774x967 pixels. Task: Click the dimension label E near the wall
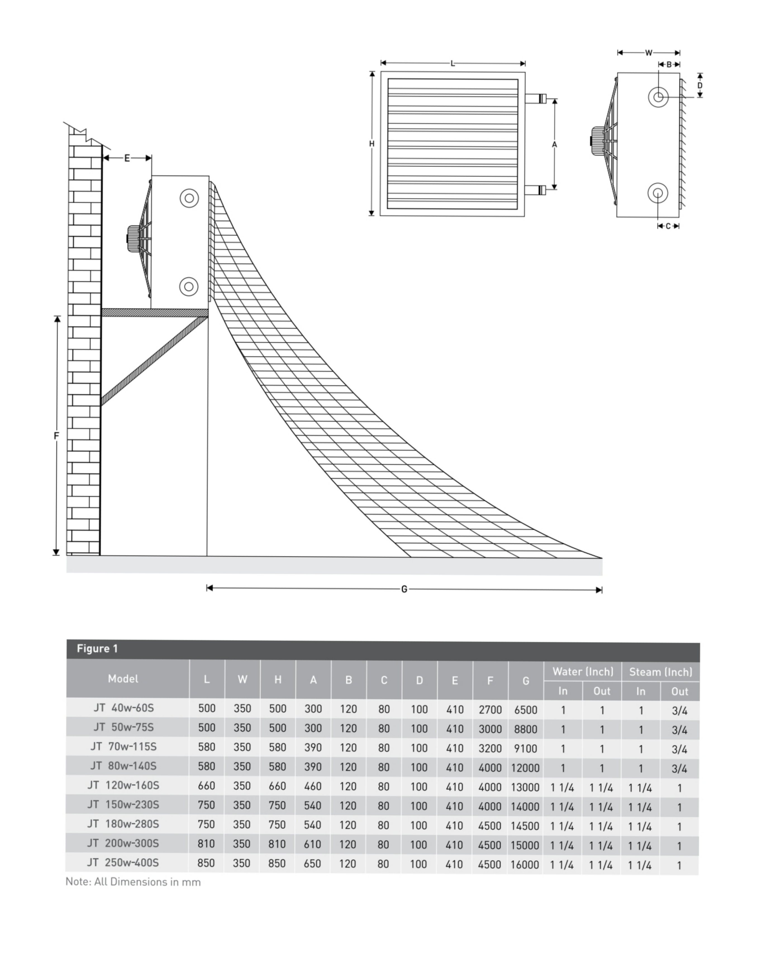coord(127,158)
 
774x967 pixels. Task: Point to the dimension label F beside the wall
coord(56,435)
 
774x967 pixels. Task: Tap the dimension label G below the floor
coord(404,589)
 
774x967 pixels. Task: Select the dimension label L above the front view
coord(453,64)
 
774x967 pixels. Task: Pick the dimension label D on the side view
coord(699,85)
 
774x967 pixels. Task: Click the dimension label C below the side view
coord(668,226)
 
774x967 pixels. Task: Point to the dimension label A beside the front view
coord(554,144)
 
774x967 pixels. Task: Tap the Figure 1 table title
coord(97,648)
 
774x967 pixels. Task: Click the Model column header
coord(123,679)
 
